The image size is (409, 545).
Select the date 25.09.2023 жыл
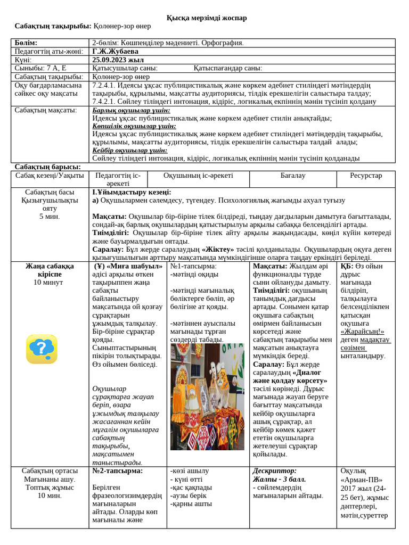pyautogui.click(x=114, y=60)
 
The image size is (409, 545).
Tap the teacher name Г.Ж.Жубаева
pyautogui.click(x=115, y=52)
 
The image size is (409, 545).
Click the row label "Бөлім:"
pyautogui.click(x=26, y=43)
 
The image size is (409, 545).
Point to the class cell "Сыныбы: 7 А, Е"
pyautogui.click(x=40, y=68)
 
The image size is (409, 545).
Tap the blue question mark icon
pyautogui.click(x=42, y=349)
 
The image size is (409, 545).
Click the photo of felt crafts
pyautogui.click(x=207, y=397)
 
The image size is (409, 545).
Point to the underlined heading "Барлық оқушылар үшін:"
pyautogui.click(x=127, y=110)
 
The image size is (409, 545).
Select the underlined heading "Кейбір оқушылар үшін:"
pyautogui.click(x=129, y=150)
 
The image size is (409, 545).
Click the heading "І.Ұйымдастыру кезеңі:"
pyautogui.click(x=132, y=192)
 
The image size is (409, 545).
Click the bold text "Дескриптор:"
pyautogui.click(x=275, y=471)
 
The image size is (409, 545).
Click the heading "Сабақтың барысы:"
pyautogui.click(x=48, y=167)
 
